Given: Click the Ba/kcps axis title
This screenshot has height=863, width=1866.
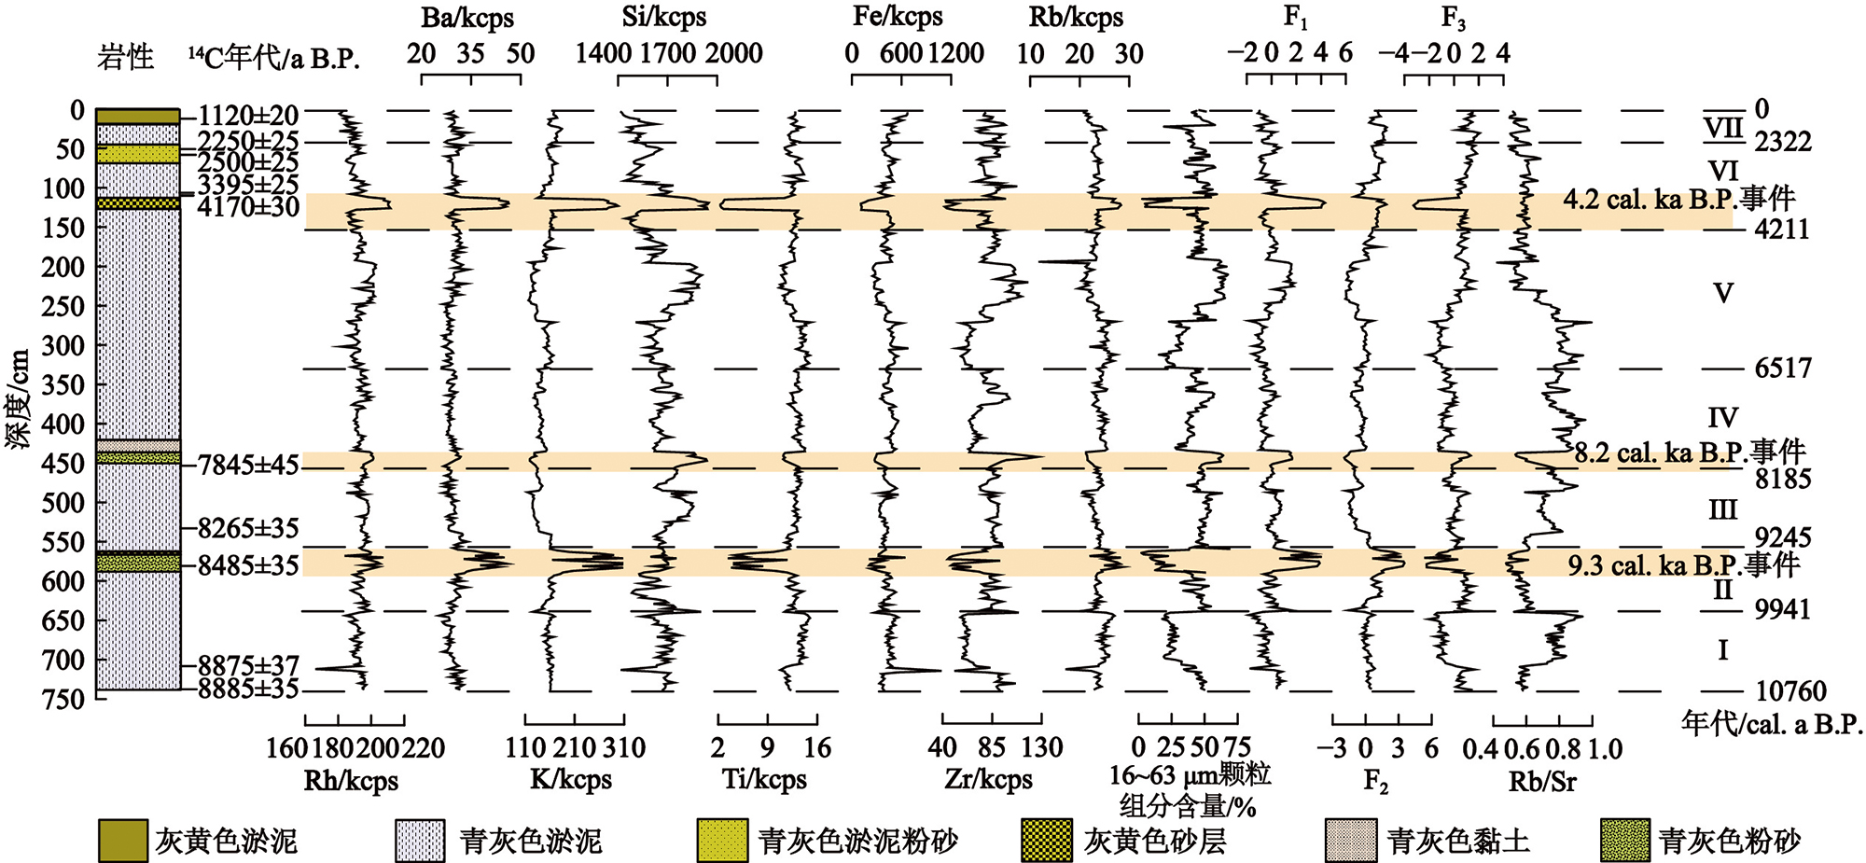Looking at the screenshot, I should (467, 18).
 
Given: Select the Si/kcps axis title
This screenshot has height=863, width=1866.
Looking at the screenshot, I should (664, 18).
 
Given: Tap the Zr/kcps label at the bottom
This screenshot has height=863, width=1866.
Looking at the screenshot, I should (989, 779).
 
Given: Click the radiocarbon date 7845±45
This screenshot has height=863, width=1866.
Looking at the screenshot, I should (248, 465).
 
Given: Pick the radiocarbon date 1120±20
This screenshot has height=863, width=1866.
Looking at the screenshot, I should (248, 116).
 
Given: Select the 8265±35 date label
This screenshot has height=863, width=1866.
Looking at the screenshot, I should (248, 528).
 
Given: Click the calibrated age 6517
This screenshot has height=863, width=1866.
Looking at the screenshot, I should (1782, 369).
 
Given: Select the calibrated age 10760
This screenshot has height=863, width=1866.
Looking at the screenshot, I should (1790, 691).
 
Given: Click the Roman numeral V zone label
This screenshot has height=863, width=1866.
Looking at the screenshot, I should (1723, 294).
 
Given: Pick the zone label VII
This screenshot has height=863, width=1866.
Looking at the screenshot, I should (1723, 129).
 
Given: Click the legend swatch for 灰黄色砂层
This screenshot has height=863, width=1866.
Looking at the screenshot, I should (1047, 841).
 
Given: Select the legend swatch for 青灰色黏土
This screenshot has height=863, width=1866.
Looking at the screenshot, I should (1350, 841).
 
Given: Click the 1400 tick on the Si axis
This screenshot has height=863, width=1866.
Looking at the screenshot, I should (603, 53).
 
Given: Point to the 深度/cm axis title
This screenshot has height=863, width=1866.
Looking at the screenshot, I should (19, 399).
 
